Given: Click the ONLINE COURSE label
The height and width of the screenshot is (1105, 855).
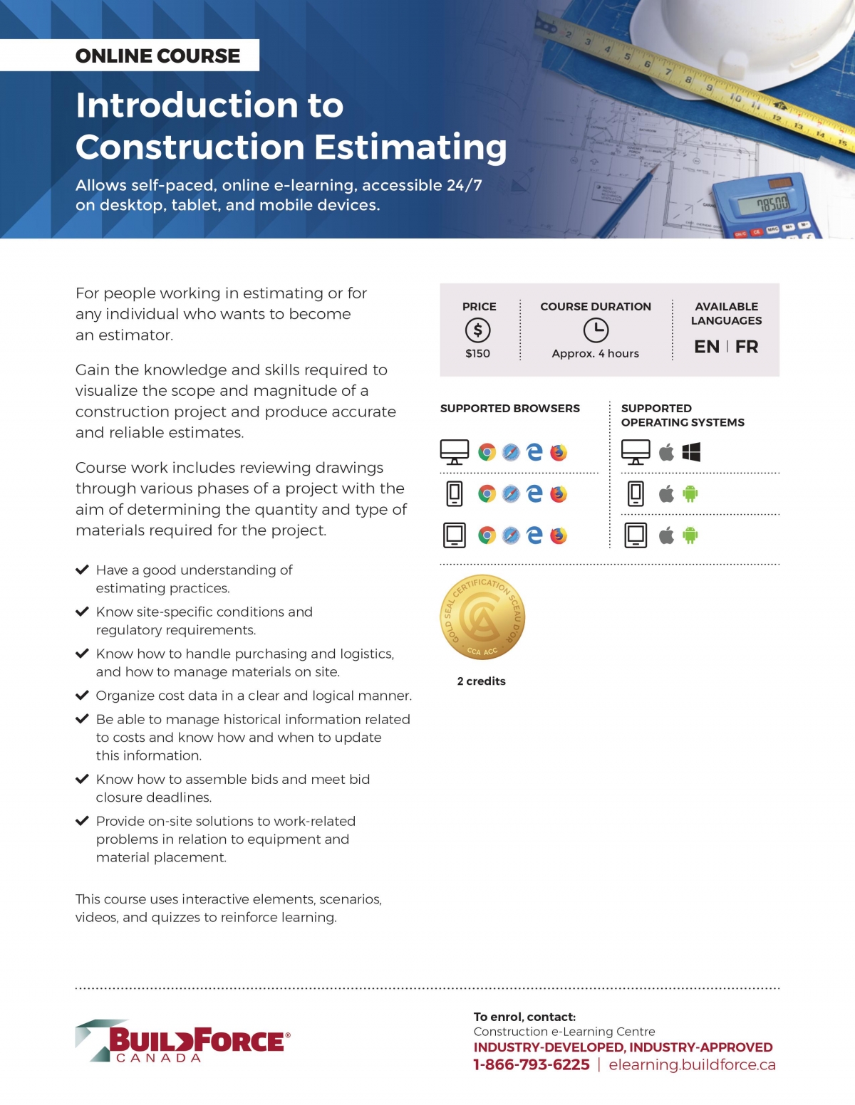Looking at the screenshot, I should [157, 56].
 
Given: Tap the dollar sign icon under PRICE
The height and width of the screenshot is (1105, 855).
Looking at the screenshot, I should [477, 330].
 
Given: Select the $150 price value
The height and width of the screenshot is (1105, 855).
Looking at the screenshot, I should [477, 353].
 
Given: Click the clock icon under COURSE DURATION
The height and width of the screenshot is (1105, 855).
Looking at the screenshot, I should [596, 330].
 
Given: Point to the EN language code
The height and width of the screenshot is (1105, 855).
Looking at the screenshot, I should [706, 347].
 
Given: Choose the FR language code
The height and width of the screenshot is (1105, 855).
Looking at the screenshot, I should [747, 347].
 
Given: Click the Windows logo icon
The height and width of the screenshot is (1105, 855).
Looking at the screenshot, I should [691, 452].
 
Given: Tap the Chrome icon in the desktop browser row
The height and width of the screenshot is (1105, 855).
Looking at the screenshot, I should [487, 452].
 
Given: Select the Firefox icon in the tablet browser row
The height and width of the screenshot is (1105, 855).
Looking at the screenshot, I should [559, 535].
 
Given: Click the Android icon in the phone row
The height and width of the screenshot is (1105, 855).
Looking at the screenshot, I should [690, 493].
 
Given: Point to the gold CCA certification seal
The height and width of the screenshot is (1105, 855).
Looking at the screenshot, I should [482, 617].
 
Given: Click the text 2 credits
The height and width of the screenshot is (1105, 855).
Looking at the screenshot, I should [482, 681].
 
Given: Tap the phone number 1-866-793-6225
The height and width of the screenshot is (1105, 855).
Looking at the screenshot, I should [532, 1064].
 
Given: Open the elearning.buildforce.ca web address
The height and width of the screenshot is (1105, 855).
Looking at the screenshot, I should [692, 1064].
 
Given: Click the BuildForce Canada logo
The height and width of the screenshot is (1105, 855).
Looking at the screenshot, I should [183, 1042].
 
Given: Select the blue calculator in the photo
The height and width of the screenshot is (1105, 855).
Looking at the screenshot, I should [767, 207].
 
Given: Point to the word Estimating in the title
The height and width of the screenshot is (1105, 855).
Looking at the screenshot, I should [410, 147].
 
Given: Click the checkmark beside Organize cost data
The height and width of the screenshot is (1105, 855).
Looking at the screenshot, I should [82, 695].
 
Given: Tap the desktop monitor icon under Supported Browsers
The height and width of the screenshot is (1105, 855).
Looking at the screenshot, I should [455, 452].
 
